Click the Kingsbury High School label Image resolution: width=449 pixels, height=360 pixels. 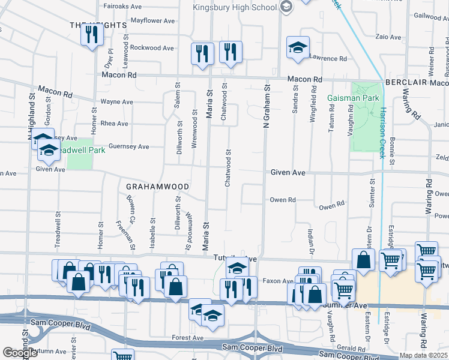[234, 7]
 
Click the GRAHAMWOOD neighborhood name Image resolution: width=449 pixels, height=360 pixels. [158, 187]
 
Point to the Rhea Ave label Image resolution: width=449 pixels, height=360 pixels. [115, 124]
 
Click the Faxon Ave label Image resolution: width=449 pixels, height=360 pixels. [276, 280]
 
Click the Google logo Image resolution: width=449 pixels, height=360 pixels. [20, 353]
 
